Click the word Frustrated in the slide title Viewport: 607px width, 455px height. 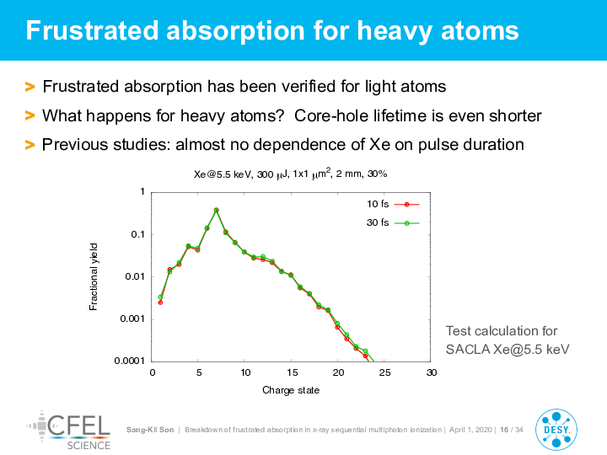pos(92,30)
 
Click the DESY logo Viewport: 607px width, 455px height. pos(556,430)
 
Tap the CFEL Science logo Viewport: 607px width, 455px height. pos(68,431)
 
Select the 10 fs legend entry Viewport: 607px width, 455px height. pos(393,204)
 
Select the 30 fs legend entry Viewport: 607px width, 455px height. pos(393,222)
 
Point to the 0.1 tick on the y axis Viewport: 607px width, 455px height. pos(137,234)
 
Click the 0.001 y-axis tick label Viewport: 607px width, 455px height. pos(132,318)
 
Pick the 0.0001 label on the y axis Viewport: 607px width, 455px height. pos(129,361)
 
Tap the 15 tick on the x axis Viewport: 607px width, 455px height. pos(292,372)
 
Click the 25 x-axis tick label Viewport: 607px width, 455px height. pos(384,372)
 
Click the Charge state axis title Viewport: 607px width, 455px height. pos(291,390)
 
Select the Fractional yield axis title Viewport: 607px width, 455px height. pos(94,276)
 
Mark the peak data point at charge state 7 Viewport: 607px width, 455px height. pos(217,210)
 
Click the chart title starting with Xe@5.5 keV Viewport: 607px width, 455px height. pos(290,174)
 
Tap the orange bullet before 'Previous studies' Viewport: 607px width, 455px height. pos(30,145)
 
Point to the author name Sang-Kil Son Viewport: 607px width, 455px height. pos(150,430)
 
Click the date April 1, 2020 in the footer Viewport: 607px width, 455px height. pos(470,430)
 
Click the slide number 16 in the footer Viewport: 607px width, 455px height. pos(504,430)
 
